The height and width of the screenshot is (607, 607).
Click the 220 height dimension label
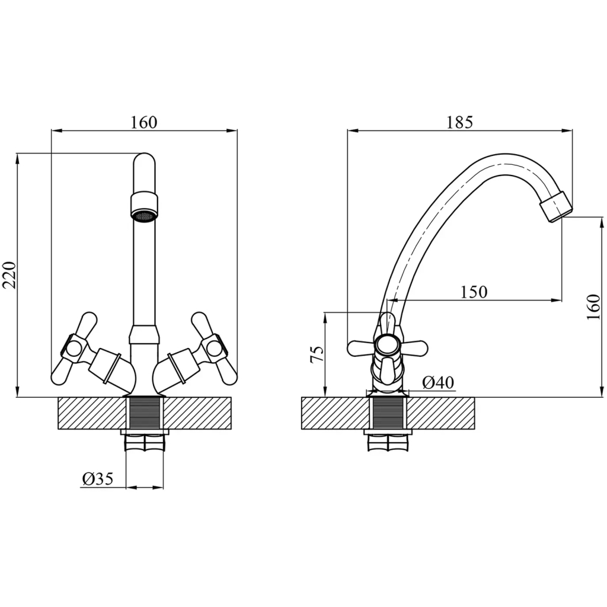9,275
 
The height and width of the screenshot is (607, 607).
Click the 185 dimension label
459,122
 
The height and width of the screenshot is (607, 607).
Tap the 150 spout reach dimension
474,292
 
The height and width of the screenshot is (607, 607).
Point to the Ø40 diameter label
438,382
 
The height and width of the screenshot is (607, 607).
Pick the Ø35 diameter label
98,479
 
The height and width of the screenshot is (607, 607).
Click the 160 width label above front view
143,122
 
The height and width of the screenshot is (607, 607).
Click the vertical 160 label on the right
593,307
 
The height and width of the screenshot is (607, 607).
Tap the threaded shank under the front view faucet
145,413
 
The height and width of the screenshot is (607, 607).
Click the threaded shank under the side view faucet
388,413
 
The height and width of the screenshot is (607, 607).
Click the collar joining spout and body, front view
144,334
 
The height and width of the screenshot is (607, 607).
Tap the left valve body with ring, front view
107,366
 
